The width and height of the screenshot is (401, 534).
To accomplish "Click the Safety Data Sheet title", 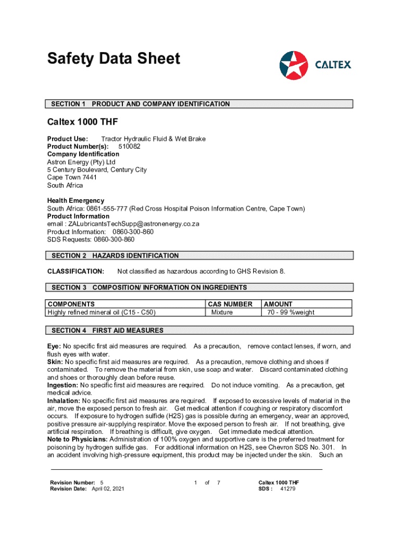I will pyautogui.click(x=114, y=58).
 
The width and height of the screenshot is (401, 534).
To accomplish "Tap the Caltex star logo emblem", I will pyautogui.click(x=294, y=65).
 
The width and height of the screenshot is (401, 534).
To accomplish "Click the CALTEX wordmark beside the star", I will pyautogui.click(x=333, y=65).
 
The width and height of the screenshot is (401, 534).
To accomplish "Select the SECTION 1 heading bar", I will pyautogui.click(x=200, y=104).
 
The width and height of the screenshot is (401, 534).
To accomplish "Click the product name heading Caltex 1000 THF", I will pyautogui.click(x=83, y=123).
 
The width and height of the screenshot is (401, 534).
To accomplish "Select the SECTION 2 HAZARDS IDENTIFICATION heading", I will pyautogui.click(x=200, y=256).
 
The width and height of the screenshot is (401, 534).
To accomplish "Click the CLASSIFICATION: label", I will pyautogui.click(x=76, y=271).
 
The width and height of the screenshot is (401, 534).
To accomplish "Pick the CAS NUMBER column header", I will pyautogui.click(x=230, y=304).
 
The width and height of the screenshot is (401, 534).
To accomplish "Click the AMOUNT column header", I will pyautogui.click(x=279, y=304).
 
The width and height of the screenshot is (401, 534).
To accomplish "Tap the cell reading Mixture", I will pyautogui.click(x=222, y=312).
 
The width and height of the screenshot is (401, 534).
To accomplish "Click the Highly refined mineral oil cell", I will pyautogui.click(x=102, y=312).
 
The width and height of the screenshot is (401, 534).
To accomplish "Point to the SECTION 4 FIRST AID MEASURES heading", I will pyautogui.click(x=200, y=330).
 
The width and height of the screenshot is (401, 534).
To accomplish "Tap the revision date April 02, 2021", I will pyautogui.click(x=108, y=489).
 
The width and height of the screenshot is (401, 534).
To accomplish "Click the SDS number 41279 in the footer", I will pyautogui.click(x=288, y=489).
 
